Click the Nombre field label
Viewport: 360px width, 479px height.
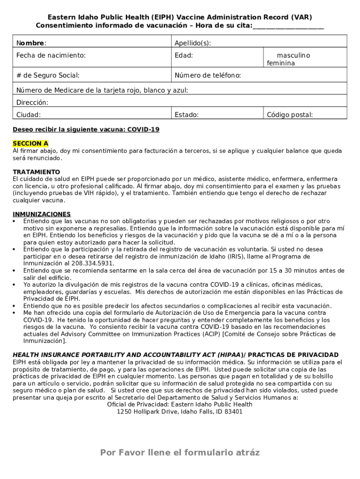[x=31, y=44]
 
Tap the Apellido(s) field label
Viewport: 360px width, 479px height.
[x=193, y=44]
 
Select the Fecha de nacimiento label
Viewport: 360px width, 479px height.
[x=51, y=56]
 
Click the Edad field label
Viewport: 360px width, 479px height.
[x=184, y=56]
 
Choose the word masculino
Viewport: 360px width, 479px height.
[x=293, y=56]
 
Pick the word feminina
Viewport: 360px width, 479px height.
[x=281, y=63]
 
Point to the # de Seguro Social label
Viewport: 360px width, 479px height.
[x=48, y=75]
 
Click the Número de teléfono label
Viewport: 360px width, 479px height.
[x=208, y=75]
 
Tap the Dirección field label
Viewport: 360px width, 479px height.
[x=32, y=102]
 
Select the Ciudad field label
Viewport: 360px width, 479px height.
[x=29, y=115]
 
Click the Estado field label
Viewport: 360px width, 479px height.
[x=187, y=115]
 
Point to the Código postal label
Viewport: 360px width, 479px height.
[x=290, y=115]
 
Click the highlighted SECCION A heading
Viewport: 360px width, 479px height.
[x=30, y=144]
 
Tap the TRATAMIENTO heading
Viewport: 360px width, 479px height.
[x=36, y=172]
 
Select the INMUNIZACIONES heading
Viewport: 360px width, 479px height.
[x=42, y=214]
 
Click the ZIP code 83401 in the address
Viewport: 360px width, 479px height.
[x=233, y=412]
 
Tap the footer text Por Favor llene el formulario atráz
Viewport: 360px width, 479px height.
[x=180, y=452]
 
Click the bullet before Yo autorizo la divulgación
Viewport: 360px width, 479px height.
[x=15, y=284]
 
